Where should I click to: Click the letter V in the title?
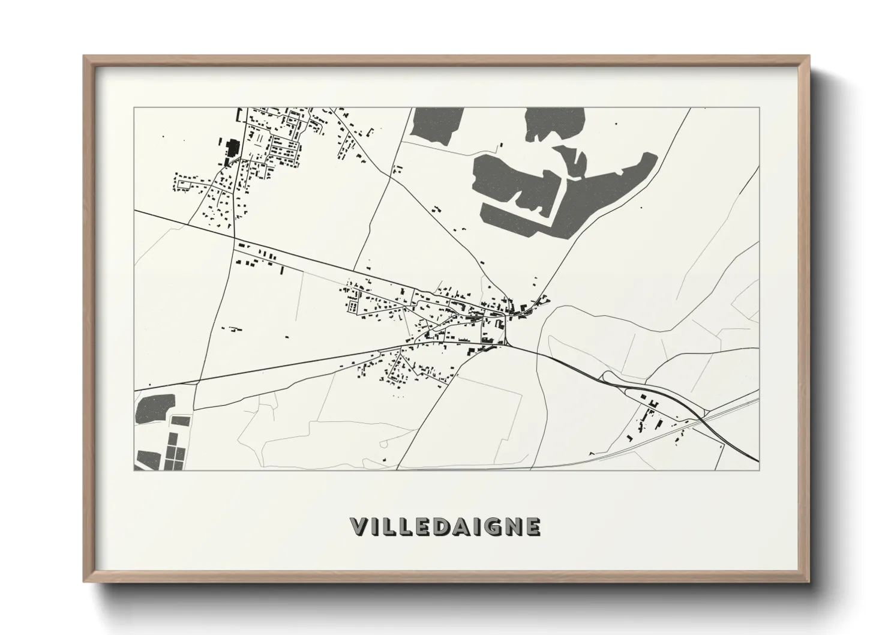pyautogui.click(x=359, y=526)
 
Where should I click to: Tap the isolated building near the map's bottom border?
pyautogui.click(x=385, y=460)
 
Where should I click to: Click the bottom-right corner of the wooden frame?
pyautogui.click(x=809, y=582)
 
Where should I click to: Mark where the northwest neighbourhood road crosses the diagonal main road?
pyautogui.click(x=234, y=235)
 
